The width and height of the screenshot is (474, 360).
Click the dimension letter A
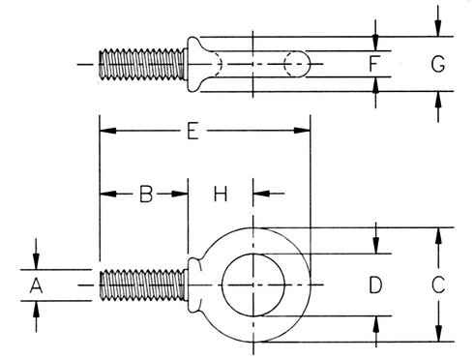click(x=36, y=285)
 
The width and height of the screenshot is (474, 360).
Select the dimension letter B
click(x=146, y=194)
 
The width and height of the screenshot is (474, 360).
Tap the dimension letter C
click(x=438, y=285)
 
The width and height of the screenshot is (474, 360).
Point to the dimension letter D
click(x=375, y=285)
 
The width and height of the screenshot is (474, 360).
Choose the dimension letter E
click(x=193, y=131)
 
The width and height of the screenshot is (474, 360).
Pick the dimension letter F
click(x=373, y=64)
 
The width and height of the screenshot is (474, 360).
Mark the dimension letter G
click(x=438, y=64)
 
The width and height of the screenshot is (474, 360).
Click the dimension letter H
click(x=221, y=194)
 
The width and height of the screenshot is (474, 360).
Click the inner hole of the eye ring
click(x=253, y=285)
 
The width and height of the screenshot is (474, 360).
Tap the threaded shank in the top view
click(x=142, y=64)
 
